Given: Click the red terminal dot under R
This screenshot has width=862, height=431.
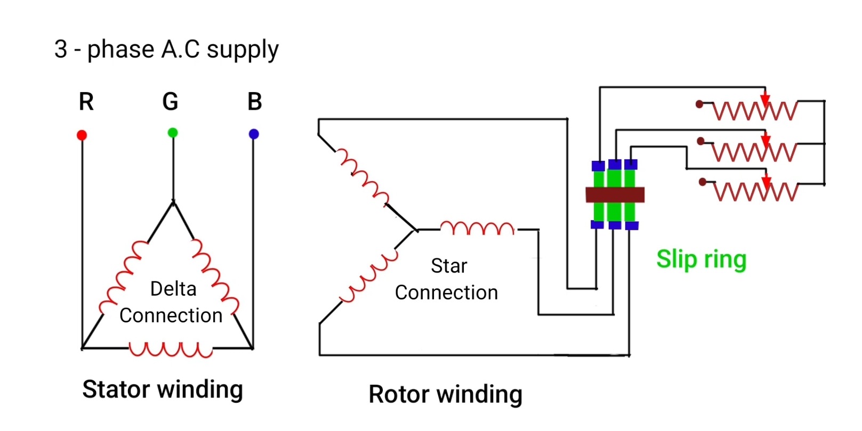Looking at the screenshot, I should coord(82,135).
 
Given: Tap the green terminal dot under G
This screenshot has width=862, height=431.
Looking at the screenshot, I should coord(173,133).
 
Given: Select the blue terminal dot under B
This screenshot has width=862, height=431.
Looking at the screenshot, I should coord(254,134).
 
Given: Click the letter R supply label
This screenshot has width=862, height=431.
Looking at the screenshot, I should coord(86,102).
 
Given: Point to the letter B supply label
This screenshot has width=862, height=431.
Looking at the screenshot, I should coord(255,102).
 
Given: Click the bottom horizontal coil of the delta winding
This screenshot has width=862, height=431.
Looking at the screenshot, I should coord(171,349).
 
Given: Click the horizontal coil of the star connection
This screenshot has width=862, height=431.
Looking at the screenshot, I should coord(477,229).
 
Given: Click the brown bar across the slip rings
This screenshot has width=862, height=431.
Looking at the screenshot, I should coord(615,194).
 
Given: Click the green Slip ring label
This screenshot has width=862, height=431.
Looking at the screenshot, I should coord(701,260).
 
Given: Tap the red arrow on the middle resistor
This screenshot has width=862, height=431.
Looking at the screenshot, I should coord(766,141).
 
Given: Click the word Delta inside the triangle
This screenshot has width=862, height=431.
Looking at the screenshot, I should coord(173,289).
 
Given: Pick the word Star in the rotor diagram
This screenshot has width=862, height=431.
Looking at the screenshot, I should coord(449,266).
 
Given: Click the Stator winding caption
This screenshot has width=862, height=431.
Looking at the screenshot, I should coord(163,389).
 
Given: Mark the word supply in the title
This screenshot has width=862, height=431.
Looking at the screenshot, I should coord(243,50).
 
